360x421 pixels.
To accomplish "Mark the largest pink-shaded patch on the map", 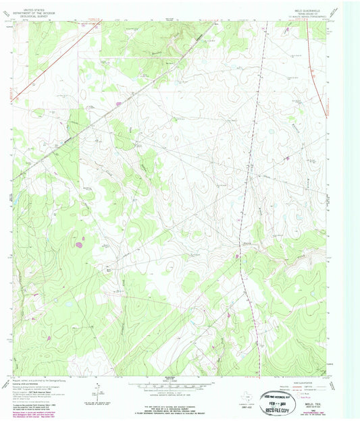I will pyautogui.click(x=80, y=244).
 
